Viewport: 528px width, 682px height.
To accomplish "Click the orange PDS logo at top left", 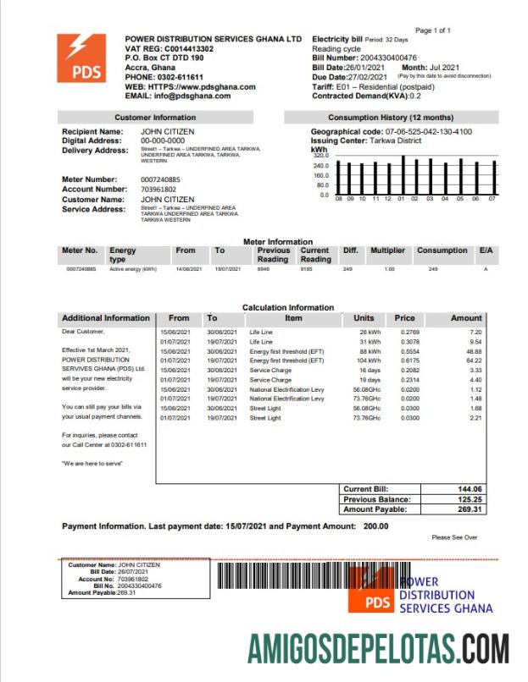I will click(82, 58).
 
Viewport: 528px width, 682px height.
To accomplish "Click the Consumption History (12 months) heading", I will click(390, 117).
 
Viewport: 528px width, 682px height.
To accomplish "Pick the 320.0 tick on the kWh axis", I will click(320, 156).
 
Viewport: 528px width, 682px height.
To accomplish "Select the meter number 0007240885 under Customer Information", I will click(160, 179).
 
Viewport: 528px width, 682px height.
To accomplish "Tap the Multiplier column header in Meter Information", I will click(387, 250).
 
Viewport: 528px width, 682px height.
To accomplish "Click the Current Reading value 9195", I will click(307, 269).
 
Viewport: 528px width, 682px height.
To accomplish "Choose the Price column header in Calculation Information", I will click(404, 318).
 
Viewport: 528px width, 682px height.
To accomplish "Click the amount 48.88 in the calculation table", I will click(474, 351).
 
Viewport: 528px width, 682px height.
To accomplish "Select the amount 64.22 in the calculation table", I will click(474, 360).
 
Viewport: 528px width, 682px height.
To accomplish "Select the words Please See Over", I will click(454, 537).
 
